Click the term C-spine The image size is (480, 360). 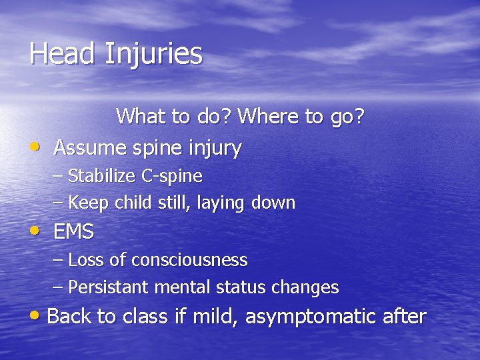click(172, 177)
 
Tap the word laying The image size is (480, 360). click(225, 203)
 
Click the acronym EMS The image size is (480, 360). click(73, 232)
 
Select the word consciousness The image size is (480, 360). click(189, 259)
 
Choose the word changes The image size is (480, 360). click(307, 287)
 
